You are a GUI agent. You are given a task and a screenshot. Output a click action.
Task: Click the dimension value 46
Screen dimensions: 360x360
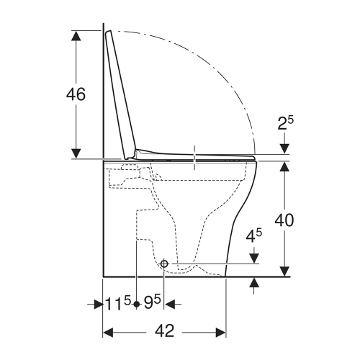[76, 94]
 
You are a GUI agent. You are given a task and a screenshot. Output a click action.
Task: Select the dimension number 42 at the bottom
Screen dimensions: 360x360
[165, 331]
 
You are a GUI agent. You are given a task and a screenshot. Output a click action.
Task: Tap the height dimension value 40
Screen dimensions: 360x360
[285, 220]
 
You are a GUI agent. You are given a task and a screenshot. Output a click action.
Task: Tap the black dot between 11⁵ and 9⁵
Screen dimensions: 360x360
[135, 305]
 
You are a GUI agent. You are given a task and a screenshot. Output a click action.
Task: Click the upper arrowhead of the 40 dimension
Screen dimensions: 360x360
[285, 167]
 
